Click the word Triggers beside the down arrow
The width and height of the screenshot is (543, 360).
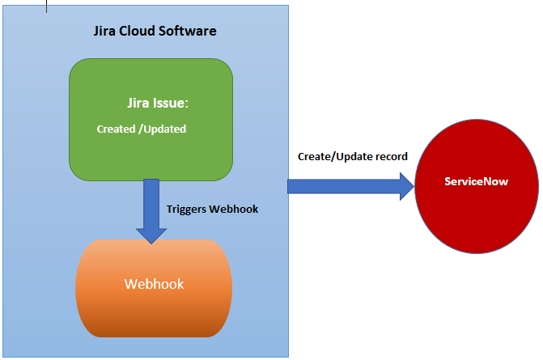tap(185, 208)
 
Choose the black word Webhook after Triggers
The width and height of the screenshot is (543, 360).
tap(233, 208)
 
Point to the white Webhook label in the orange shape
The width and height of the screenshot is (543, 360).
tap(154, 284)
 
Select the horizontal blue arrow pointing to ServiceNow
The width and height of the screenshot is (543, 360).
tap(340, 186)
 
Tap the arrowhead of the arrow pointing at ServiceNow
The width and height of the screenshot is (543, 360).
tap(405, 186)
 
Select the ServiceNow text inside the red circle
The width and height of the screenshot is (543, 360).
tap(476, 181)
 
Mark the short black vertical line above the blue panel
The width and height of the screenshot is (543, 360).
tap(46, 6)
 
